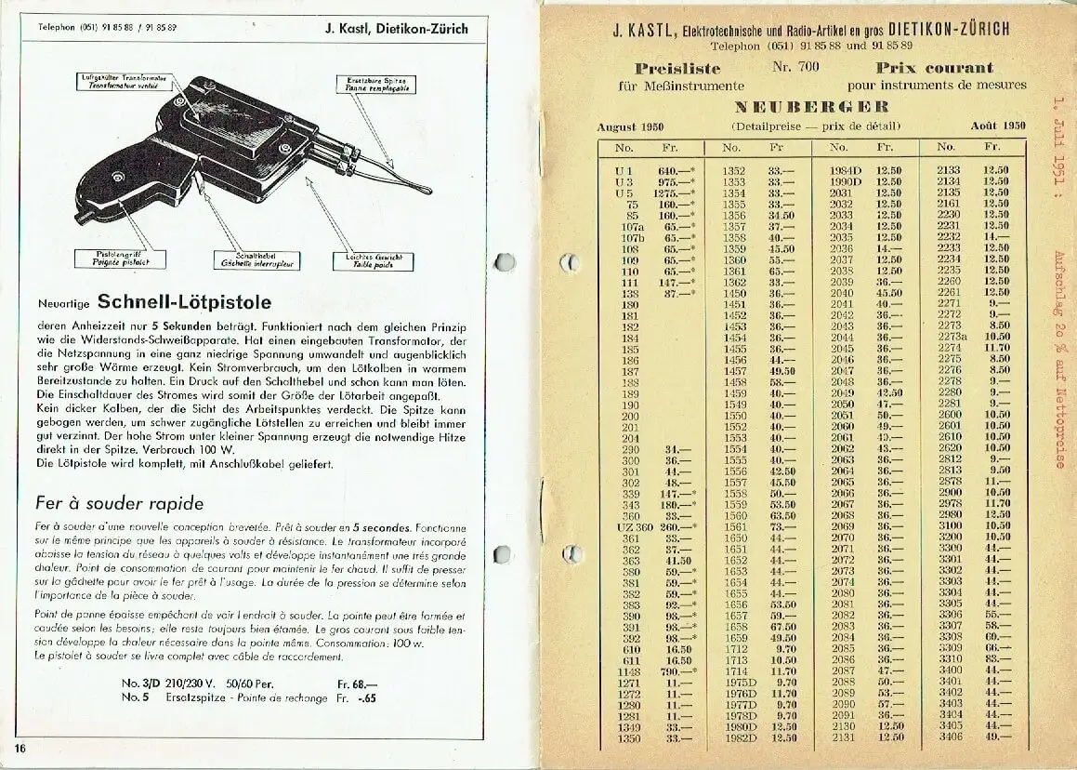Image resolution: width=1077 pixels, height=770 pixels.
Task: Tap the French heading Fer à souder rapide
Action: pos(120,504)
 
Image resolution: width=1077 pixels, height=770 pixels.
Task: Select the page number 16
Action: pos(19,747)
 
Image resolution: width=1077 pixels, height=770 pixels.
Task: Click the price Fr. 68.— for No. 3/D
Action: pos(354,683)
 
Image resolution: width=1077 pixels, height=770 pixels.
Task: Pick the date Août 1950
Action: pos(997,126)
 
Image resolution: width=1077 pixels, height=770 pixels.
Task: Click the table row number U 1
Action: pos(624,170)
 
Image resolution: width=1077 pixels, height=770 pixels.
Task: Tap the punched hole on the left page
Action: pos(505,262)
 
